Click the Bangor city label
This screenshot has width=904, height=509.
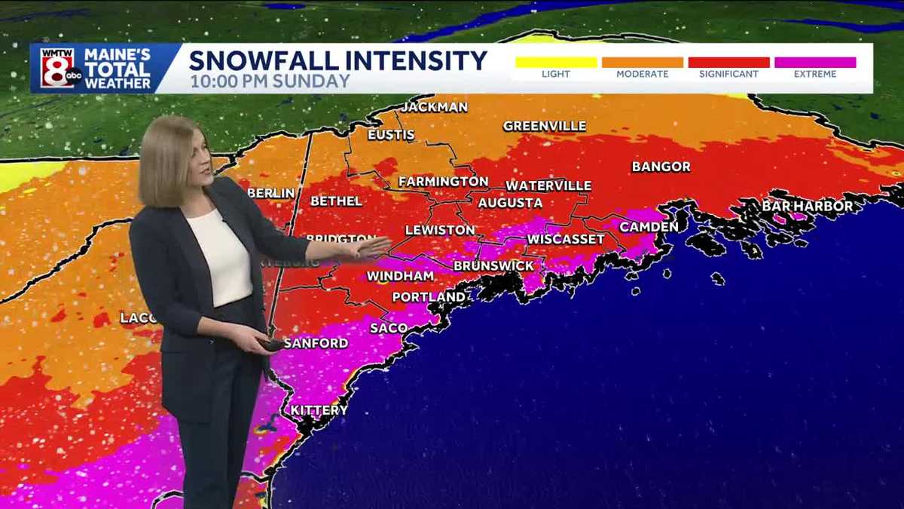[x=661, y=167]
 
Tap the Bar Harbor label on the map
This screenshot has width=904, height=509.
[x=807, y=206]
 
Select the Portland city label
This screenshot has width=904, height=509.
[x=429, y=297]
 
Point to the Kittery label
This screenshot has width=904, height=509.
[x=319, y=410]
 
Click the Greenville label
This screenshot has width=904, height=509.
[x=544, y=126]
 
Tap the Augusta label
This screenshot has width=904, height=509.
[x=510, y=203]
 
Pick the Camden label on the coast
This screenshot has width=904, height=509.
[x=649, y=226]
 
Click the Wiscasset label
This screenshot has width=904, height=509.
[x=565, y=239]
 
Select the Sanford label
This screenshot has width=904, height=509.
[x=316, y=343]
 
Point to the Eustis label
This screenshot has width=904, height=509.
[x=391, y=135]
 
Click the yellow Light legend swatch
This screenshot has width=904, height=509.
[x=556, y=63]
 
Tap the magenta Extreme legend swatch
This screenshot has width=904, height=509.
[x=815, y=63]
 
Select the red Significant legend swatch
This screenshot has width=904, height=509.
[x=728, y=63]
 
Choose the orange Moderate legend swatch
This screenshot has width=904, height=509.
[x=642, y=63]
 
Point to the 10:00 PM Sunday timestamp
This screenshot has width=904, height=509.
[x=270, y=81]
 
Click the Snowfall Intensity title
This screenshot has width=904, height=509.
[x=337, y=60]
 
